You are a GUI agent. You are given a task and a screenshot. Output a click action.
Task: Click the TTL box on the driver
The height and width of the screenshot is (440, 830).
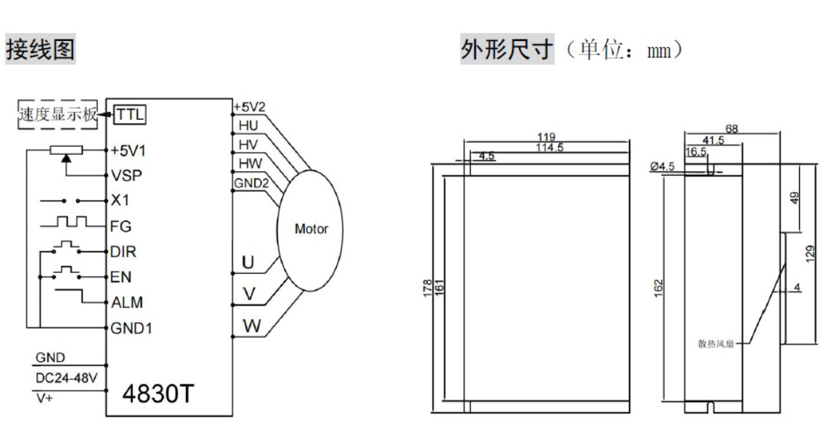tap(130, 115)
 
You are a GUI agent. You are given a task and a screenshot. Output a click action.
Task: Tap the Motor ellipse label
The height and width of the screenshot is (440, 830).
tap(311, 229)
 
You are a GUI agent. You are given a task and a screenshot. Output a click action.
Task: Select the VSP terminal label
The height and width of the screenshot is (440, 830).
tap(127, 176)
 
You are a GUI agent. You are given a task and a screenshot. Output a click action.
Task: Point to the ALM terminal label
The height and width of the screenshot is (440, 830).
tap(127, 302)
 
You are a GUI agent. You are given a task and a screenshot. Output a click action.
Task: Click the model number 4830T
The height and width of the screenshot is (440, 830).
tap(158, 394)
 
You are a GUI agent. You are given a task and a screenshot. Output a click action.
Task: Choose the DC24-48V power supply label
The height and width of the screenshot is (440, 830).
tap(67, 378)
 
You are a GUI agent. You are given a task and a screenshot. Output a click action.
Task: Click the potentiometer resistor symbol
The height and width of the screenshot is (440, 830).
tap(66, 150)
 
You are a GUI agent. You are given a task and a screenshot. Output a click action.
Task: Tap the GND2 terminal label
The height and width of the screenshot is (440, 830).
tap(251, 183)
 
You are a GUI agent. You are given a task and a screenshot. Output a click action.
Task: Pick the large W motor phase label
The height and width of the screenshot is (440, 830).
tap(252, 325)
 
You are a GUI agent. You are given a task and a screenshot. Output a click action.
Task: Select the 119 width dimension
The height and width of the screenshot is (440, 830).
tap(546, 138)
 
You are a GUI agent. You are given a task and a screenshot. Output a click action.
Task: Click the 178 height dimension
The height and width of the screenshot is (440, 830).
tap(428, 288)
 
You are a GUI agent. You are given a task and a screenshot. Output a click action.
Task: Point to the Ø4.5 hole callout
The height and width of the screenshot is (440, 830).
tap(662, 167)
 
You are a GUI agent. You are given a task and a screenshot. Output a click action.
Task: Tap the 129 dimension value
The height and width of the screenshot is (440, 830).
tap(811, 254)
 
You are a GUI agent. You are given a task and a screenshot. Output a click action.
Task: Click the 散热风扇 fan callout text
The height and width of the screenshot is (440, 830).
tap(716, 345)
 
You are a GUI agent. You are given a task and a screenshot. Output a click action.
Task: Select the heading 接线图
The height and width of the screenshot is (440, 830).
tap(40, 49)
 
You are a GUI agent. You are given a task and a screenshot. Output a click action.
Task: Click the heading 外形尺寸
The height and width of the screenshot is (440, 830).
tap(507, 49)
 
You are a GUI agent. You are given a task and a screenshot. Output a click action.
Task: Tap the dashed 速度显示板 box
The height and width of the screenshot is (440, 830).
tap(58, 114)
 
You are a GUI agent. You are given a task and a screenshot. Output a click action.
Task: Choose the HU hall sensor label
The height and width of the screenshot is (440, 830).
tap(248, 125)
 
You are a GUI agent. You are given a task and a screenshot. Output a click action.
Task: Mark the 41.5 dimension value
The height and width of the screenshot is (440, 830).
tap(713, 140)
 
